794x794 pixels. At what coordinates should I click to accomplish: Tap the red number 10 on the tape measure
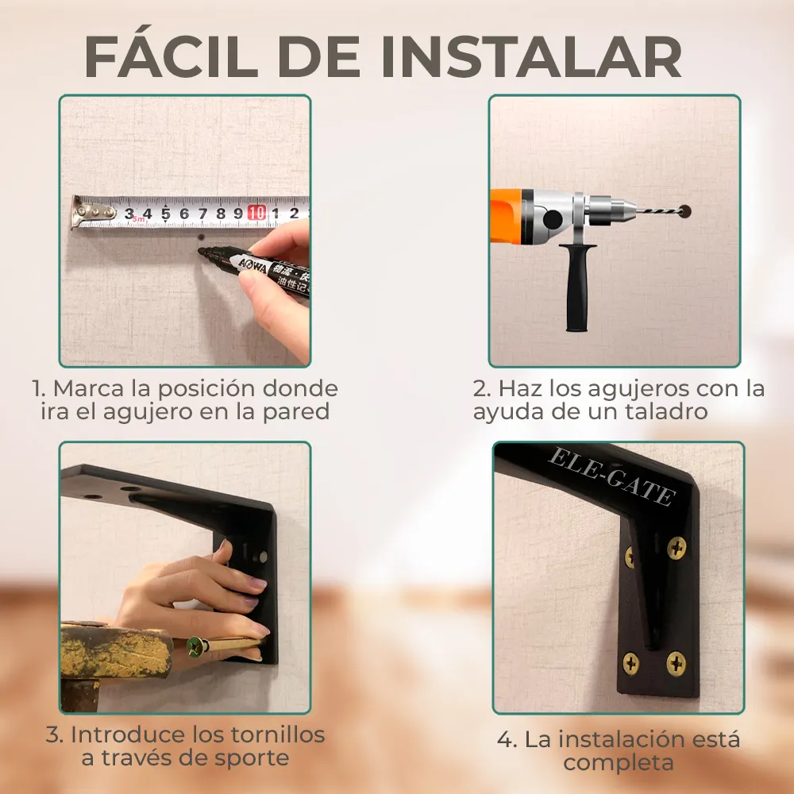tap(256, 213)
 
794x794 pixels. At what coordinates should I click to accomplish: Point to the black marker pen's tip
tap(201, 251)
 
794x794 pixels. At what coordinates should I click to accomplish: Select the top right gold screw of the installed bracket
tap(676, 547)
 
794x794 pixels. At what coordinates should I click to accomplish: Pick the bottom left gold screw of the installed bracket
tap(631, 663)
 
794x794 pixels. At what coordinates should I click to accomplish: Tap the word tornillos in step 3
tap(278, 734)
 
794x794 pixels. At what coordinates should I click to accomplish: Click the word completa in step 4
tap(619, 763)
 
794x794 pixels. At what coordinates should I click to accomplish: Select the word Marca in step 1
tap(89, 389)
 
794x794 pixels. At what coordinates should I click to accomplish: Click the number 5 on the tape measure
tap(166, 214)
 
